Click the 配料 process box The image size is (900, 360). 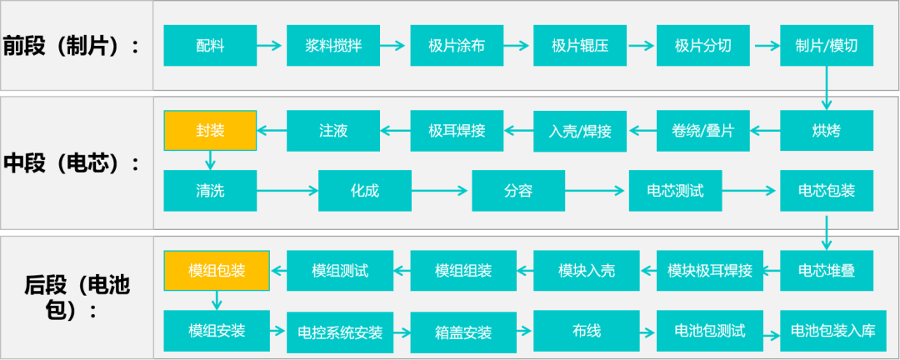tap(210, 46)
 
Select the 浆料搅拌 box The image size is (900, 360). tap(333, 46)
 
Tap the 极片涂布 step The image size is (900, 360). tap(457, 46)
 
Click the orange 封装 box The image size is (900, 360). tap(210, 131)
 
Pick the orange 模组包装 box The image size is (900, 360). tap(216, 271)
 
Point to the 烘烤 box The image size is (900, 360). tap(826, 131)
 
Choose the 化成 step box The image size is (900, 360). tap(364, 191)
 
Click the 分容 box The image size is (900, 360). tap(517, 191)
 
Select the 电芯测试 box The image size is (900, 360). tap(674, 191)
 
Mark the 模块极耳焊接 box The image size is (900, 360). tap(709, 271)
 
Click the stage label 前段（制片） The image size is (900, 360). tap(72, 46)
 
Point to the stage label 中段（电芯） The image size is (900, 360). tap(72, 162)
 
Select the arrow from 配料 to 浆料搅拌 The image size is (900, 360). tap(271, 46)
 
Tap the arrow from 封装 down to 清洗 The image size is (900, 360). tap(210, 160)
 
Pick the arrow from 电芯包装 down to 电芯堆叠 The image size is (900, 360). tap(826, 231)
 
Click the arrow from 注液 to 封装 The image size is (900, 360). tap(271, 131)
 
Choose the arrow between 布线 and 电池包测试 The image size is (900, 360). tap(647, 331)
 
